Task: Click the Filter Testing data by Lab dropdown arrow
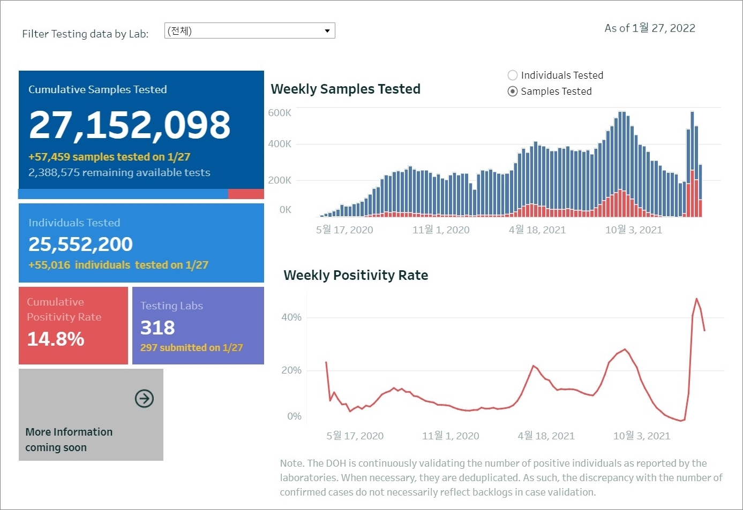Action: [327, 31]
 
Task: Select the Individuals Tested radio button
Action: [513, 75]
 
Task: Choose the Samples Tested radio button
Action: [513, 92]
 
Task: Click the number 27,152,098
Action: [130, 125]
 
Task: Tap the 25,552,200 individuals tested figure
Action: [80, 245]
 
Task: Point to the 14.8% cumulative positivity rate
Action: [56, 339]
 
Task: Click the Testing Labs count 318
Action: [157, 328]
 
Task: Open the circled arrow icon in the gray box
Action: [144, 399]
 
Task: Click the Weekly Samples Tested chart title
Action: [346, 89]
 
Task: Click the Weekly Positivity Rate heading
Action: [356, 276]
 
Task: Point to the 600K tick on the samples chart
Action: [280, 113]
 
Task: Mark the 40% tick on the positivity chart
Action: [291, 317]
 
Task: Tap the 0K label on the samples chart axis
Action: [285, 210]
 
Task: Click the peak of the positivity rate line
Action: [696, 299]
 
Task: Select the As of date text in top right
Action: [650, 28]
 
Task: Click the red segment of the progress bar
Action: [246, 194]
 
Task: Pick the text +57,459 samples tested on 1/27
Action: [109, 157]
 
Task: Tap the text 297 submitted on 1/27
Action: [191, 348]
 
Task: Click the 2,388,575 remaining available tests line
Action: [119, 173]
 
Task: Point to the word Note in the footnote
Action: [291, 463]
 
